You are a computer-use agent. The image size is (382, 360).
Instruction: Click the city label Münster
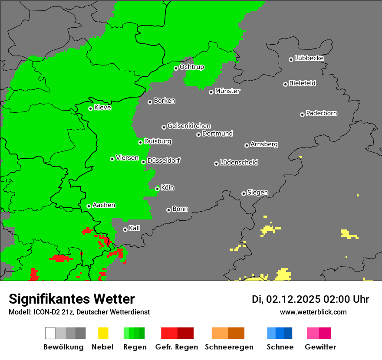(227, 91)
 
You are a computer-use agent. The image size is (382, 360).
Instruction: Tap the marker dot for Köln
(157, 189)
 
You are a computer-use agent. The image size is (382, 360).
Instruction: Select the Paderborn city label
(322, 113)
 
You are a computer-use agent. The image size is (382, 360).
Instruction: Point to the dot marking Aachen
(89, 206)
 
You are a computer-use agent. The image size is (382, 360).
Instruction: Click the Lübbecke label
(310, 58)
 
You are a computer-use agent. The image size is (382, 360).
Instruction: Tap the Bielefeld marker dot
(285, 84)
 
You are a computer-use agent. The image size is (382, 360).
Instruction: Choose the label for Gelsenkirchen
(189, 126)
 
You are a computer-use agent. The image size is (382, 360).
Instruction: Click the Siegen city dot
(244, 193)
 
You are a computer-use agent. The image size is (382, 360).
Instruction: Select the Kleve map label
(102, 108)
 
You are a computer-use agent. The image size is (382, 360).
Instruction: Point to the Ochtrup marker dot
(176, 68)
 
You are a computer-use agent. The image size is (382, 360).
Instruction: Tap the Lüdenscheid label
(239, 163)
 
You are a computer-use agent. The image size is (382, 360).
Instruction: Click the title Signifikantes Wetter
(72, 299)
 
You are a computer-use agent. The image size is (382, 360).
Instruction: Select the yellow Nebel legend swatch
(103, 333)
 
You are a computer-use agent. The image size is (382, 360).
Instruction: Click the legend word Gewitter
(320, 347)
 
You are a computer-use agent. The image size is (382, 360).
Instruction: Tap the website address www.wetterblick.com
(313, 312)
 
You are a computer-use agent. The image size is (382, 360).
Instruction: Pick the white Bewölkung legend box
(50, 333)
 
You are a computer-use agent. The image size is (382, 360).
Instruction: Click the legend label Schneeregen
(228, 347)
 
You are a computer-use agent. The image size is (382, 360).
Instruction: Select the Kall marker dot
(125, 229)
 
